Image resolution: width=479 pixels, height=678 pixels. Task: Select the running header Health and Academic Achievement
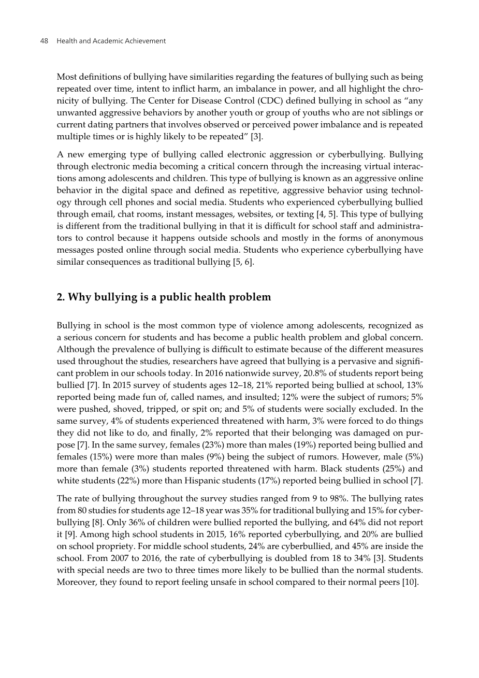tap(111, 41)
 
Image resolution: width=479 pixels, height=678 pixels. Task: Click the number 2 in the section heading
tap(60, 297)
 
